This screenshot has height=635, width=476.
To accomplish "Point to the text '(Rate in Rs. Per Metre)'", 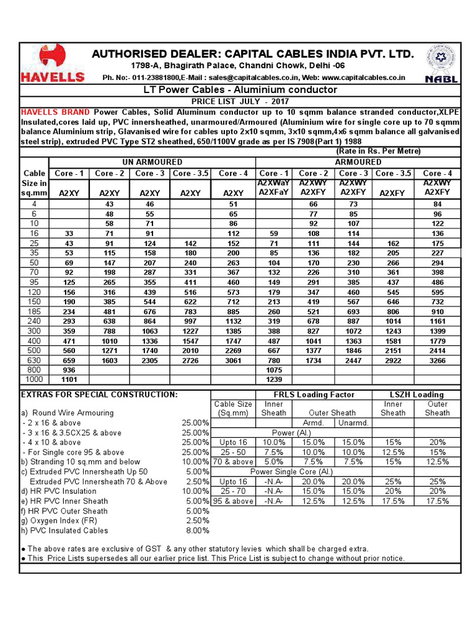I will coord(378,151).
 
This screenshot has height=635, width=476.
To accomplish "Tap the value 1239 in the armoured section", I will coord(273,379).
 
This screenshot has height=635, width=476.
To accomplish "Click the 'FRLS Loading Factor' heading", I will coord(314,394).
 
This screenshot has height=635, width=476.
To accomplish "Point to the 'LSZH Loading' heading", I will coord(416,394).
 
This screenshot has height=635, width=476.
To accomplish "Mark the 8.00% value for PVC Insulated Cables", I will coord(198,530).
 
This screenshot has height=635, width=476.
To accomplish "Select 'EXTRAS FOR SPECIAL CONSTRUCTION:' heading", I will coord(99,394).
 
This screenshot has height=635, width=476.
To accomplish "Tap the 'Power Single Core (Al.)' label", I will coord(293,471).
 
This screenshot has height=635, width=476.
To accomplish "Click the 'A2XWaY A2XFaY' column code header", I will coord(273,188).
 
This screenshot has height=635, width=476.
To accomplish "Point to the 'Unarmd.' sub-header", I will coord(354,423).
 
